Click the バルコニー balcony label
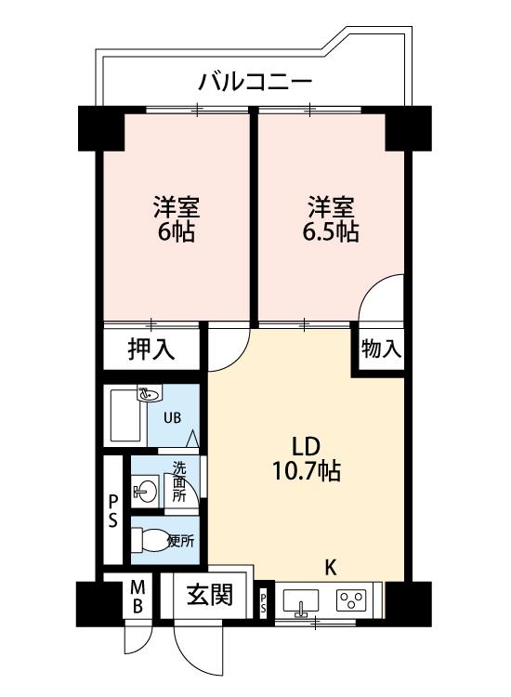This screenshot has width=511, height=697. [x=255, y=83]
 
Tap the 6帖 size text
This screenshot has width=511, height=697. [x=177, y=231]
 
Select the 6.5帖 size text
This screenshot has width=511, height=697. [x=331, y=231]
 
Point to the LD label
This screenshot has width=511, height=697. [x=306, y=446]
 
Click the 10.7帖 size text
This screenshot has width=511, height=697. [x=307, y=471]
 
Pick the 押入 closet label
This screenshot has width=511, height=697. [x=151, y=348]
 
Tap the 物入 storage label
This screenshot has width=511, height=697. [x=381, y=348]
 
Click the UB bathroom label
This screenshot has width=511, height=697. [x=173, y=418]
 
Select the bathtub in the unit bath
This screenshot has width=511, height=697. [x=124, y=415]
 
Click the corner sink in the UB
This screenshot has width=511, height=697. [x=150, y=393]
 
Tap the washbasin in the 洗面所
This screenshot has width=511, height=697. [x=144, y=492]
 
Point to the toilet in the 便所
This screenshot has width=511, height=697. [x=151, y=540]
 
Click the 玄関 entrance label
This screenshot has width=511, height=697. [x=209, y=595]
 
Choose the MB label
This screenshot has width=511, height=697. [x=138, y=597]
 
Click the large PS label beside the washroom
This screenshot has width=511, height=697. [x=113, y=511]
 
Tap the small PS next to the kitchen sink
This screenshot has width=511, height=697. [x=263, y=602]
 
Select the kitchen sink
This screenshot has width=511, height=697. [x=301, y=601]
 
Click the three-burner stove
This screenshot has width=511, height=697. [x=351, y=600]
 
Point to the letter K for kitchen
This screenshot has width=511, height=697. [x=330, y=568]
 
